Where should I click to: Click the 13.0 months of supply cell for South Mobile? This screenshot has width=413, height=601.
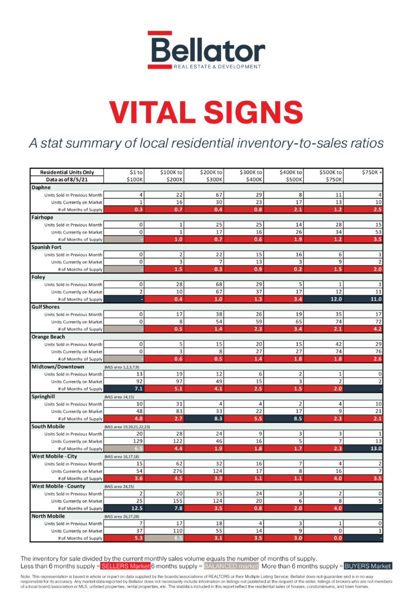pos(374,448)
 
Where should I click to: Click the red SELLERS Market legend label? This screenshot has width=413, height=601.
pos(124,566)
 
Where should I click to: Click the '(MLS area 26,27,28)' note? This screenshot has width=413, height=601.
pos(123,516)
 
